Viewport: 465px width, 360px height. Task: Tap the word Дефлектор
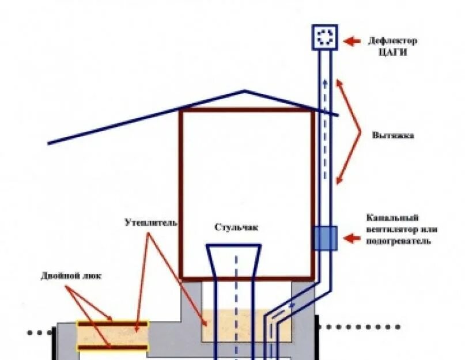(x=392, y=41)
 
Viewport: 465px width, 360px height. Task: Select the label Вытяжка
(x=393, y=136)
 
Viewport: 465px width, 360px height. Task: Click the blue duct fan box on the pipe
(x=325, y=238)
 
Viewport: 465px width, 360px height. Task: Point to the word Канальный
(x=392, y=218)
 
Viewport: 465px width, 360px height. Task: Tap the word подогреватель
(x=398, y=241)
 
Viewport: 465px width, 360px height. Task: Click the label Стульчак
(x=236, y=227)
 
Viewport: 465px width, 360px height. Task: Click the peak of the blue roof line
(x=245, y=90)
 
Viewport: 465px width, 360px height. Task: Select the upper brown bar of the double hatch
(x=113, y=324)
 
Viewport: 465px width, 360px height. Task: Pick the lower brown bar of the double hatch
(x=113, y=347)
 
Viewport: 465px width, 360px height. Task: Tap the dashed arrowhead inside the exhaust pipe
(x=324, y=82)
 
